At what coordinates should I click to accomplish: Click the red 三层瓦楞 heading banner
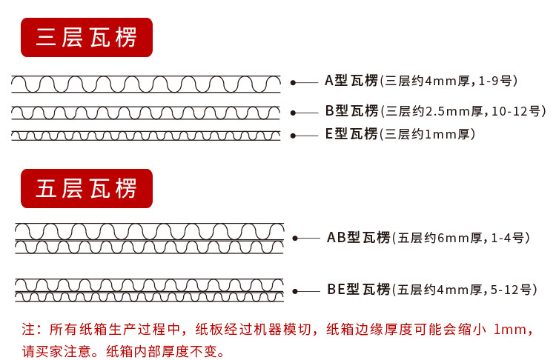click(x=87, y=37)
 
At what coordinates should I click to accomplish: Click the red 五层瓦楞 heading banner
click(x=87, y=188)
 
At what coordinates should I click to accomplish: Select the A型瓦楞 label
click(x=351, y=81)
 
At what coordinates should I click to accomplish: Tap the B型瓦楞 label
click(x=351, y=111)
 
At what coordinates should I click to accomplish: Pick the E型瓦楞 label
click(x=351, y=134)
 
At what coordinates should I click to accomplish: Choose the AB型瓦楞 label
click(x=358, y=238)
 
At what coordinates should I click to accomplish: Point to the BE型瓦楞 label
click(x=358, y=290)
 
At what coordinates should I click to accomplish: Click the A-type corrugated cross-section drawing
click(x=146, y=83)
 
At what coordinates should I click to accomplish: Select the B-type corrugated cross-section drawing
click(x=146, y=113)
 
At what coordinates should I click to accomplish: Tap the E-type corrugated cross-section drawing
click(x=146, y=136)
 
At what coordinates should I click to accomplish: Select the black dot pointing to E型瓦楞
click(x=293, y=136)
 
